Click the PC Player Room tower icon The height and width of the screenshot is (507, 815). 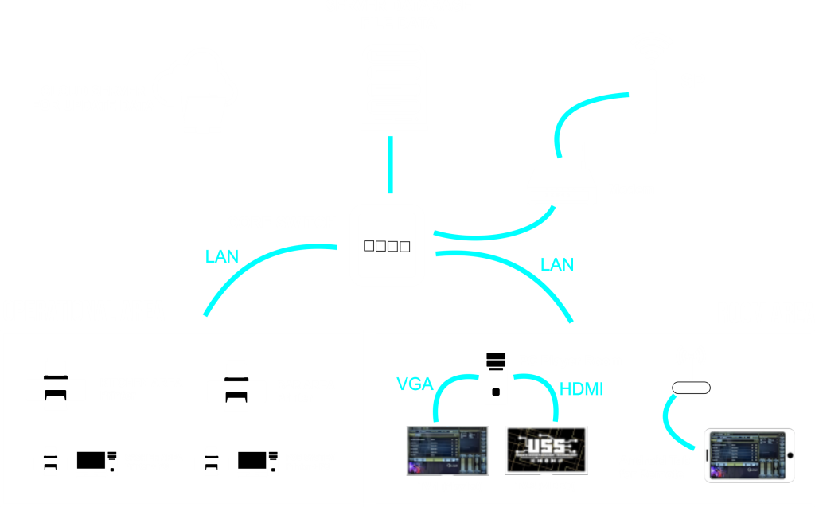[497, 375]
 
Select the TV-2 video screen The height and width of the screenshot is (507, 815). [546, 450]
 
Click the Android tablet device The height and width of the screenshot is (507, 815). [750, 454]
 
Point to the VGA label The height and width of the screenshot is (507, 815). [415, 385]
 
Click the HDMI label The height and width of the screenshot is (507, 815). [581, 389]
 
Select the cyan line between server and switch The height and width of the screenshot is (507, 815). [390, 164]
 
